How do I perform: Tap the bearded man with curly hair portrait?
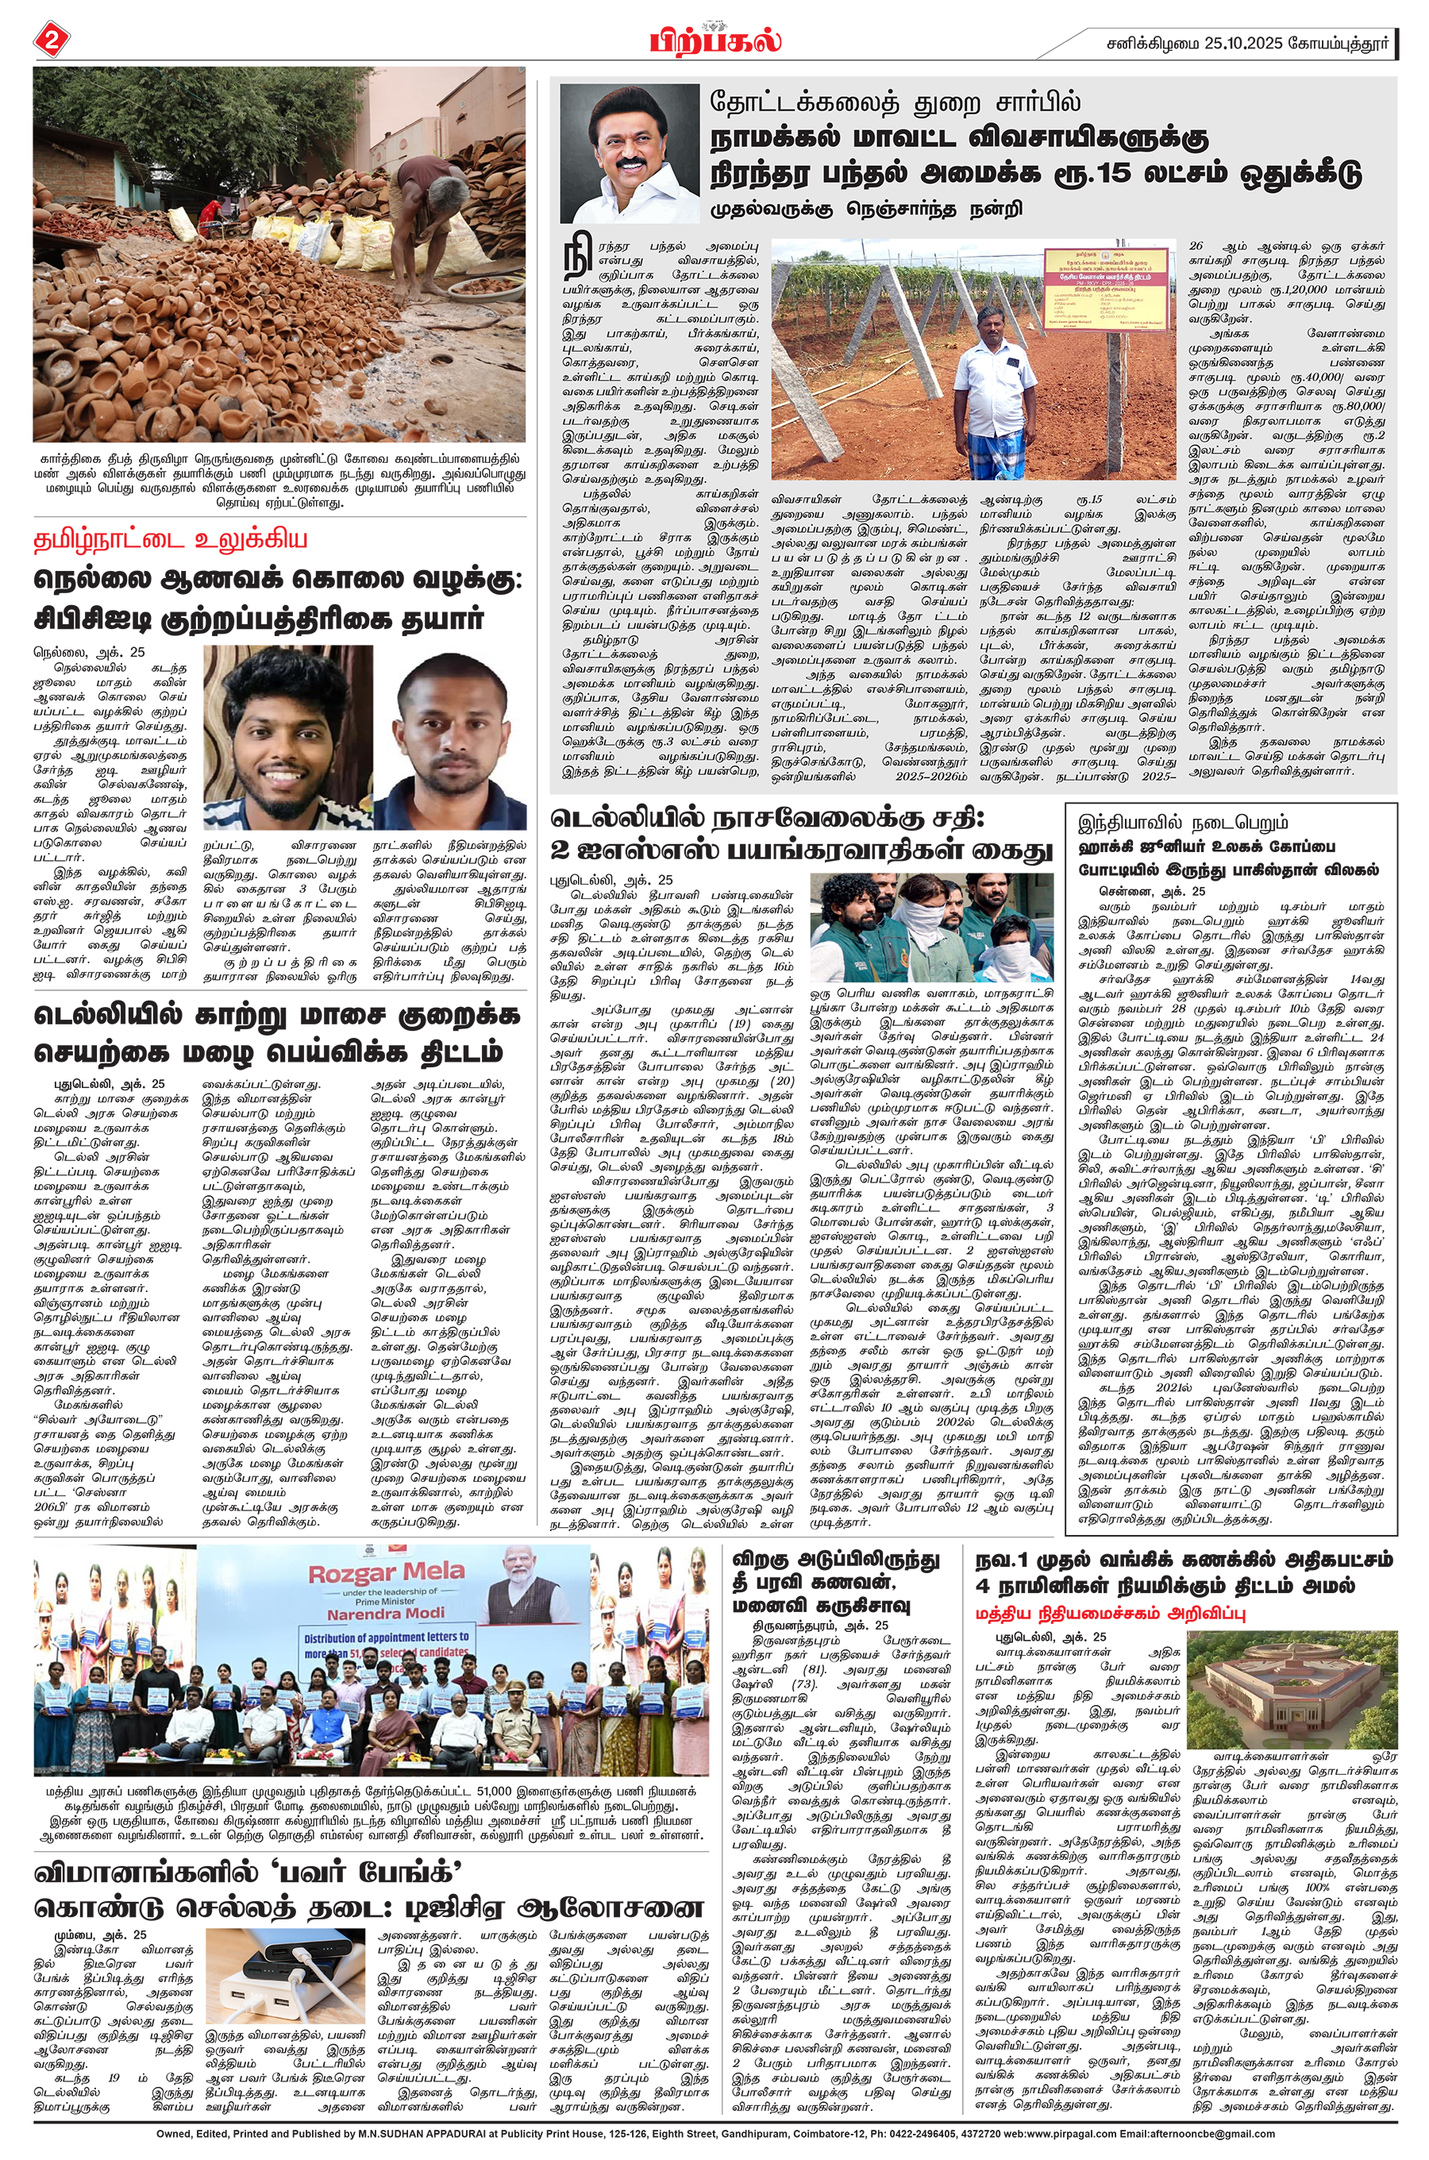pos(287,736)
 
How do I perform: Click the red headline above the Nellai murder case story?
pos(171,539)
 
